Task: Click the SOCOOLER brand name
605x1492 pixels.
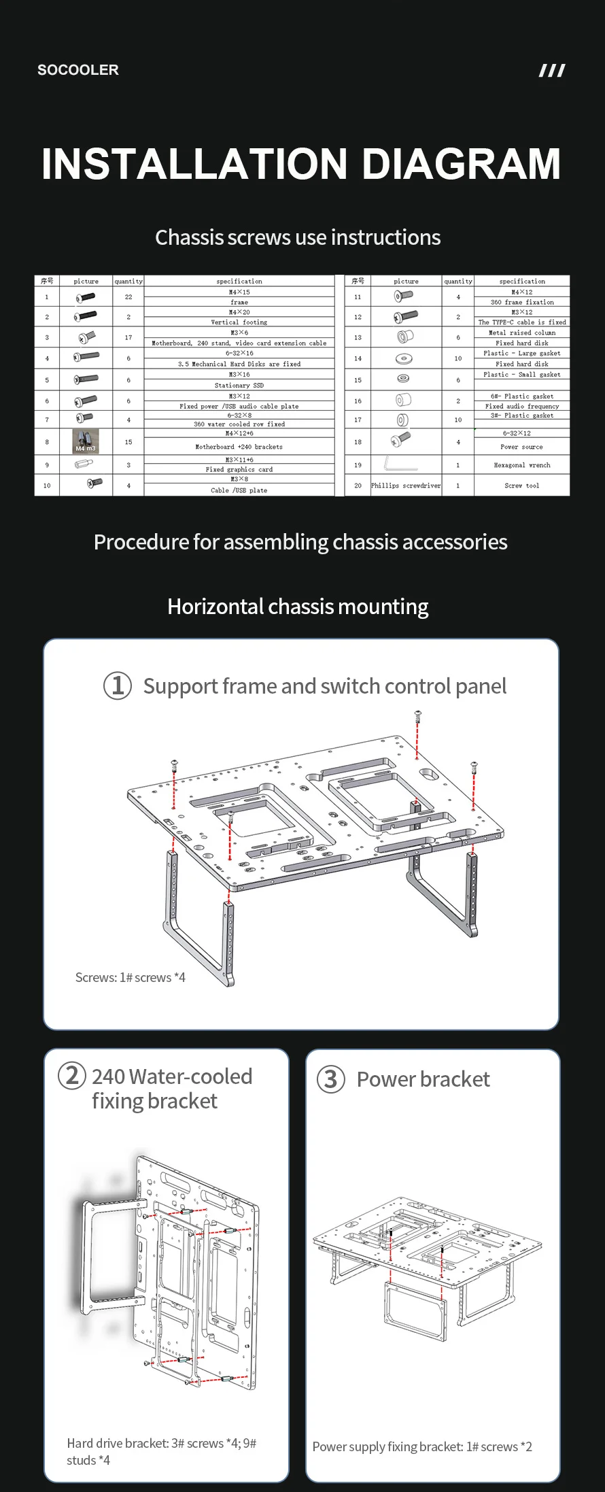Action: [x=77, y=70]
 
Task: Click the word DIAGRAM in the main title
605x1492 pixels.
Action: [x=461, y=164]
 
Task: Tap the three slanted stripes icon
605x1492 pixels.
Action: [x=551, y=71]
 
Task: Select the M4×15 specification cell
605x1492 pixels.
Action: [x=239, y=292]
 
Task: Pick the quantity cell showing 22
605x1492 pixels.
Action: [x=128, y=297]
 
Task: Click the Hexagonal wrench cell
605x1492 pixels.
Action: [x=521, y=465]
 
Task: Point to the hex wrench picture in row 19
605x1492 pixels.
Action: [x=402, y=464]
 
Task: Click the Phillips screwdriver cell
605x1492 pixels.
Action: [x=406, y=486]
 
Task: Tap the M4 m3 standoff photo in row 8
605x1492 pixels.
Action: [x=86, y=441]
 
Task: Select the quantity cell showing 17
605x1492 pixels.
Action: [x=128, y=337]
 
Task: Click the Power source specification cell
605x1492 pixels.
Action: [x=521, y=447]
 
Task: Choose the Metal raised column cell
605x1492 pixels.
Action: [x=521, y=333]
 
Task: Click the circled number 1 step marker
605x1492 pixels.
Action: [x=117, y=685]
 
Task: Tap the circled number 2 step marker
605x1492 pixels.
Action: [x=72, y=1076]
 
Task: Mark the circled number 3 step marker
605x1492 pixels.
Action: [x=331, y=1079]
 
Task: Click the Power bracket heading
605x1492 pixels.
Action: [x=423, y=1079]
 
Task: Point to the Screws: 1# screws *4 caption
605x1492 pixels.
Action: [x=130, y=977]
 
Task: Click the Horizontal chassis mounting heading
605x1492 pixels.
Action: [x=298, y=607]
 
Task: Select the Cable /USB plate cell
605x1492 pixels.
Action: [x=239, y=490]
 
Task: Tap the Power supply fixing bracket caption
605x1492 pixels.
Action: [x=421, y=1446]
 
